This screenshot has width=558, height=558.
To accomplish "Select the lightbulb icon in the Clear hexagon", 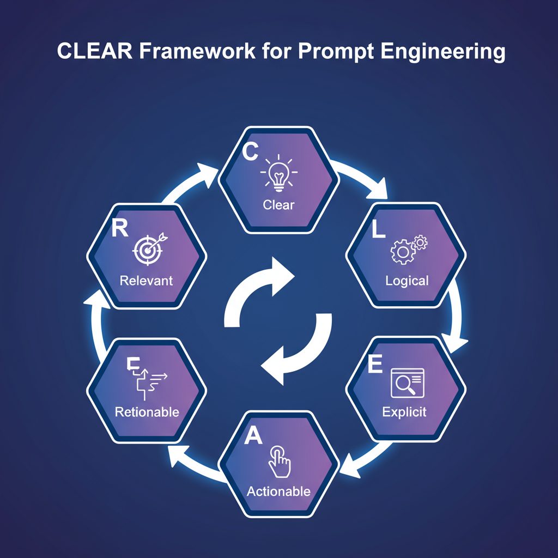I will click(x=278, y=174).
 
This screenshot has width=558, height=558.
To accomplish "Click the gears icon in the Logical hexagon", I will click(x=408, y=250).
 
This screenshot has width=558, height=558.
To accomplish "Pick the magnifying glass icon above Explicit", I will click(x=408, y=382).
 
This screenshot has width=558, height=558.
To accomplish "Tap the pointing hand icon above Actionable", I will click(x=280, y=460).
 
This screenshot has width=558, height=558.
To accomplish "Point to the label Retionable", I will click(x=147, y=412).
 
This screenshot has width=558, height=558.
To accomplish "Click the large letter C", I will click(x=250, y=152).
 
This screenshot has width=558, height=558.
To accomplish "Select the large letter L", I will click(x=378, y=231).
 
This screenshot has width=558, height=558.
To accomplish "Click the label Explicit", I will click(x=404, y=411).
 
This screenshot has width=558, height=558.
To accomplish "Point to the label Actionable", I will click(x=278, y=491).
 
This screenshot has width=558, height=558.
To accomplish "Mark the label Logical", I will click(x=407, y=281).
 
